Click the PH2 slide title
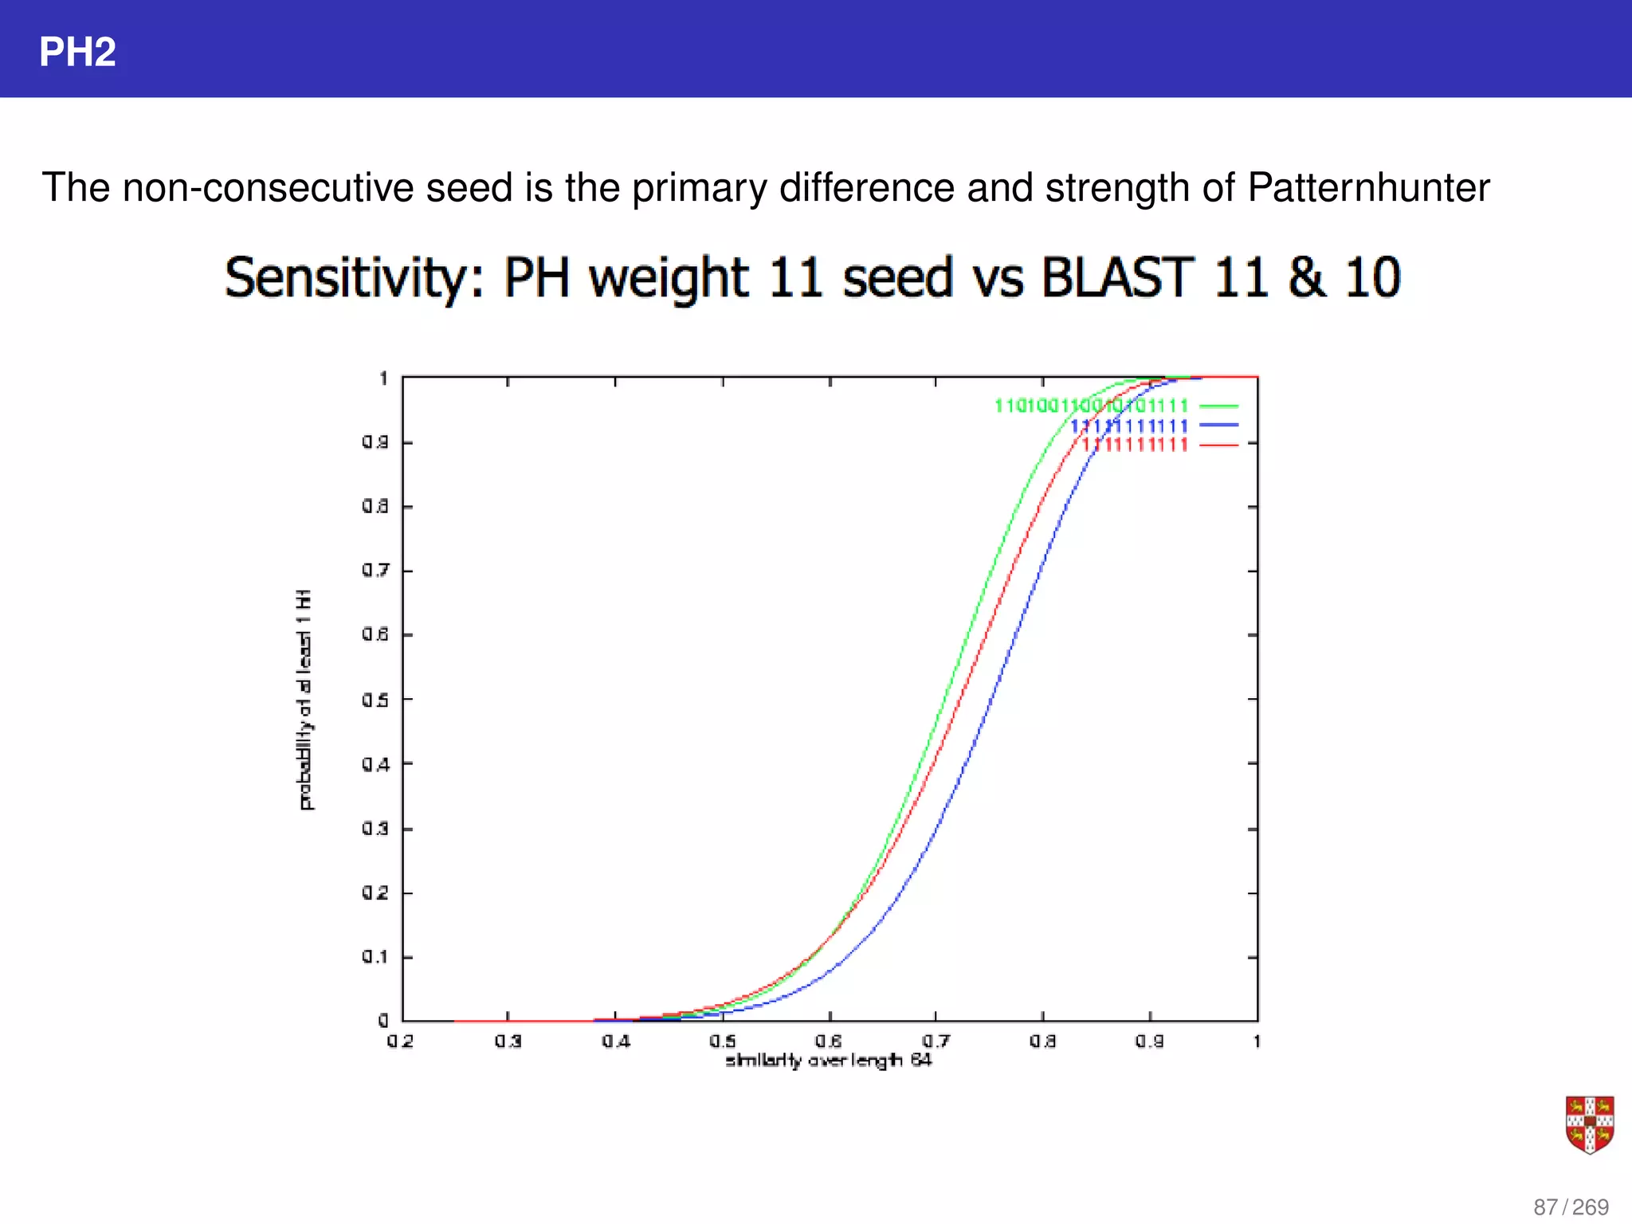point(77,53)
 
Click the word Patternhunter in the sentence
point(1367,188)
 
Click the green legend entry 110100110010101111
point(1091,406)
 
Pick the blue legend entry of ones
point(1128,426)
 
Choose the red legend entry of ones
point(1135,445)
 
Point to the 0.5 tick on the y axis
point(375,700)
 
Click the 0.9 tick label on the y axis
point(375,442)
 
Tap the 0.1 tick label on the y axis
point(375,956)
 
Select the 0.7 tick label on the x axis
point(936,1041)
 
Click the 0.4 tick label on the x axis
point(615,1041)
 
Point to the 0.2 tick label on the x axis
point(400,1041)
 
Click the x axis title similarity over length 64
point(828,1060)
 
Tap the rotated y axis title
point(304,700)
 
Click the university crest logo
point(1589,1124)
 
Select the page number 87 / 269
point(1571,1206)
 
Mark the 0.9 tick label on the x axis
point(1149,1041)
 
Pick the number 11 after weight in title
point(794,278)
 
